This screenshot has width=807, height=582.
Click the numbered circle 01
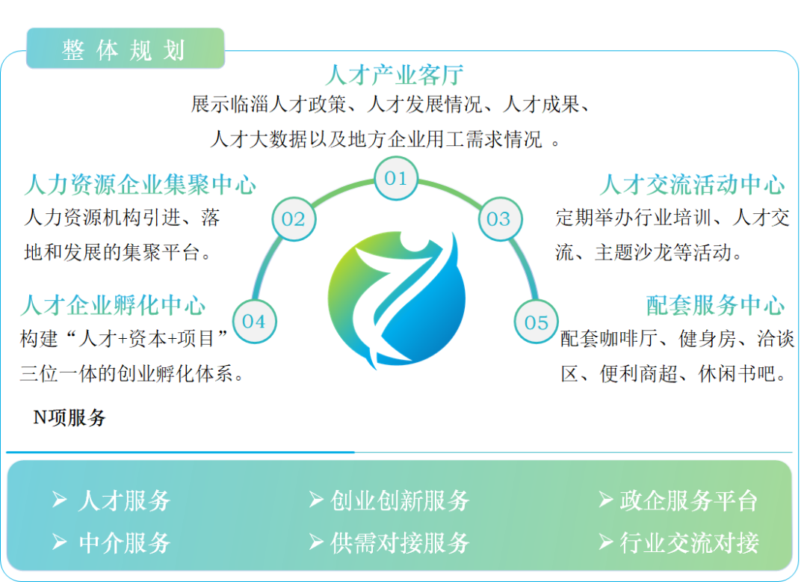396,178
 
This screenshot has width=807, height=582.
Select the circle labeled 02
294,219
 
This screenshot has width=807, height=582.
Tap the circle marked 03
498,219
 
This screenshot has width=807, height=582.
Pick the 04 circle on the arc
254,322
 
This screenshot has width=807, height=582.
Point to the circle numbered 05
537,322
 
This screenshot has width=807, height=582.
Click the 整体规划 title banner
125,49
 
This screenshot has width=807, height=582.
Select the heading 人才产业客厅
395,75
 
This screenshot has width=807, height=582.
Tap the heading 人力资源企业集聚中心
140,184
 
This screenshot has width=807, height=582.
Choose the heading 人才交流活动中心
692,184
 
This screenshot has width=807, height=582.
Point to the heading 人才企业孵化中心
114,304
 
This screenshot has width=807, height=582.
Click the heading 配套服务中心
715,304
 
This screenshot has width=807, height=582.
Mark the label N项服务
69,417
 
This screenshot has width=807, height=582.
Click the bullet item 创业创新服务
400,500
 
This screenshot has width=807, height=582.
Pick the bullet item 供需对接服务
400,542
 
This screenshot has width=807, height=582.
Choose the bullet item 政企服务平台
689,500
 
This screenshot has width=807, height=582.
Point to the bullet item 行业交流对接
689,542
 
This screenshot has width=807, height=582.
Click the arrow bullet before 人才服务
60,500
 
